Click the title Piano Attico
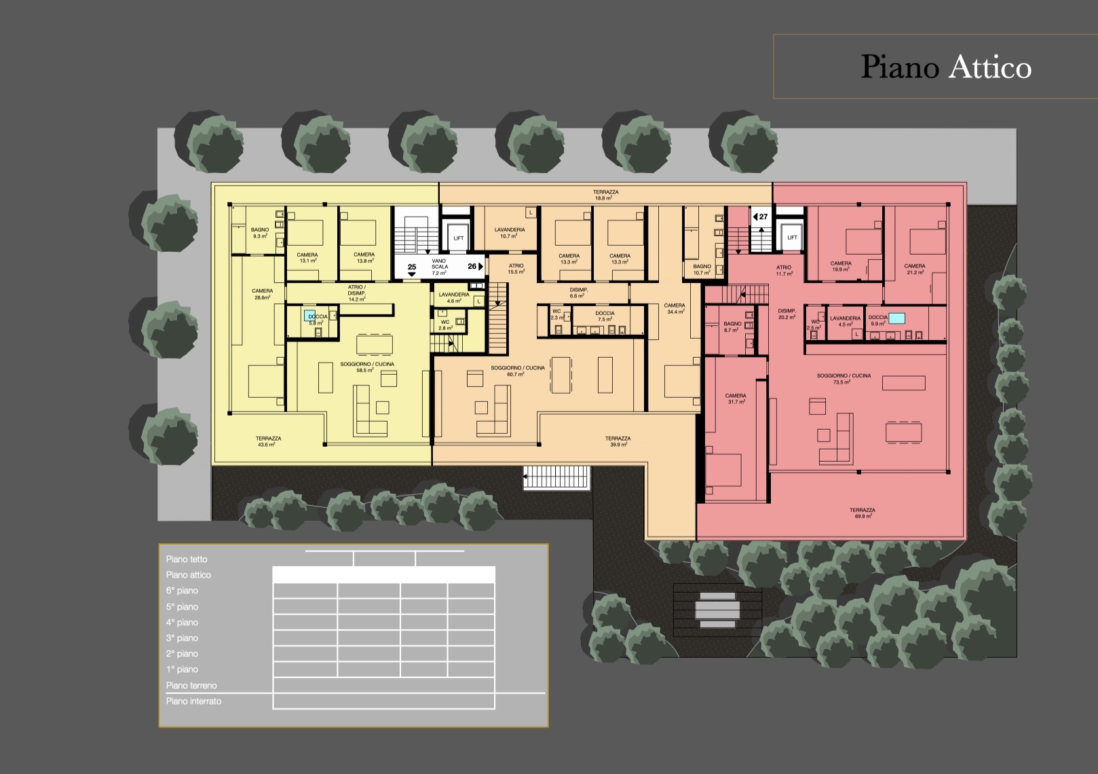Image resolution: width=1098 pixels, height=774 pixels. click(x=945, y=67)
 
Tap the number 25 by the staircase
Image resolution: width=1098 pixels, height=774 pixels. click(x=411, y=267)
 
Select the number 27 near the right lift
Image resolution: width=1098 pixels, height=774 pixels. click(x=763, y=217)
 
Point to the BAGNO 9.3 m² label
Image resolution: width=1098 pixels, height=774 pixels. click(x=259, y=233)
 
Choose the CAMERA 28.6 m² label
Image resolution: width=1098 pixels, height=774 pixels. click(x=262, y=294)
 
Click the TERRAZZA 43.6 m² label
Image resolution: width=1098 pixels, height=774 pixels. click(x=268, y=441)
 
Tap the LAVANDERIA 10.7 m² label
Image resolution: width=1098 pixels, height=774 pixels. click(x=509, y=233)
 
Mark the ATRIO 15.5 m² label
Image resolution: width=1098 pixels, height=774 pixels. click(x=516, y=268)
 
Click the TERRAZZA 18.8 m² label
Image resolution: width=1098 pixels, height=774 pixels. click(x=605, y=195)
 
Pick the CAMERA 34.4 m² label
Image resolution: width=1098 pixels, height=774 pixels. click(x=674, y=308)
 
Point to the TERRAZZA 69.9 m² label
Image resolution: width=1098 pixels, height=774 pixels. click(x=862, y=513)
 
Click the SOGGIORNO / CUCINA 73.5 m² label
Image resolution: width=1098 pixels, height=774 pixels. click(x=844, y=379)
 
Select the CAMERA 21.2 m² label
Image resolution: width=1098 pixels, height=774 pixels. click(x=914, y=269)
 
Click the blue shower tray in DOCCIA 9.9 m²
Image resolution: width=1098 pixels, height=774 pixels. click(x=897, y=318)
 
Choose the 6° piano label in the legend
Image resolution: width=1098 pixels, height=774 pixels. click(x=182, y=591)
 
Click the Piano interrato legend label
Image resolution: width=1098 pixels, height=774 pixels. click(x=193, y=701)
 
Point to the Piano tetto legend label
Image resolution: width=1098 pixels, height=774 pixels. click(x=187, y=559)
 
